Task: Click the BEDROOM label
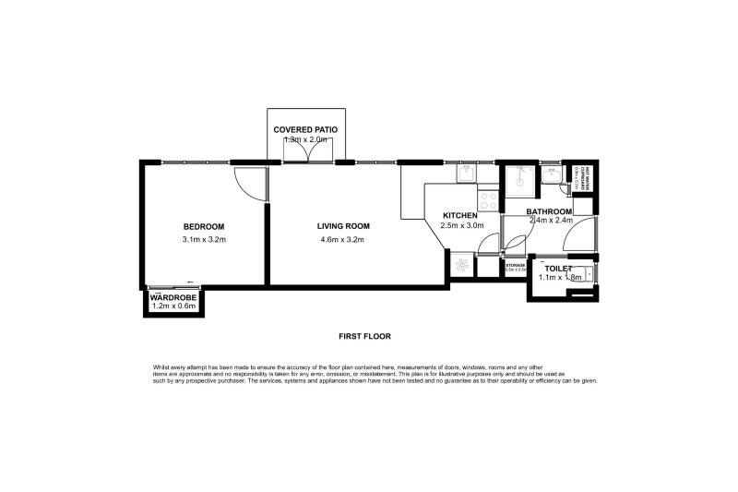coord(204,226)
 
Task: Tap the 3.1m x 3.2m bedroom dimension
coord(204,240)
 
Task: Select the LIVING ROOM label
coord(343,226)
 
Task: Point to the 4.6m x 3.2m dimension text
coord(343,240)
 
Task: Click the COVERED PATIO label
coord(304,129)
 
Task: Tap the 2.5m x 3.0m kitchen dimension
coord(461,225)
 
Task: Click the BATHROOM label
coord(550,210)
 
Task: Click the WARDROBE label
coord(174,297)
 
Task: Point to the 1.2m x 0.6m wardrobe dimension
coord(174,306)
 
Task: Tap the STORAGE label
coord(515,265)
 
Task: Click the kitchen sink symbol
coord(466,173)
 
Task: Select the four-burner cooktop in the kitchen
coord(488,199)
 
